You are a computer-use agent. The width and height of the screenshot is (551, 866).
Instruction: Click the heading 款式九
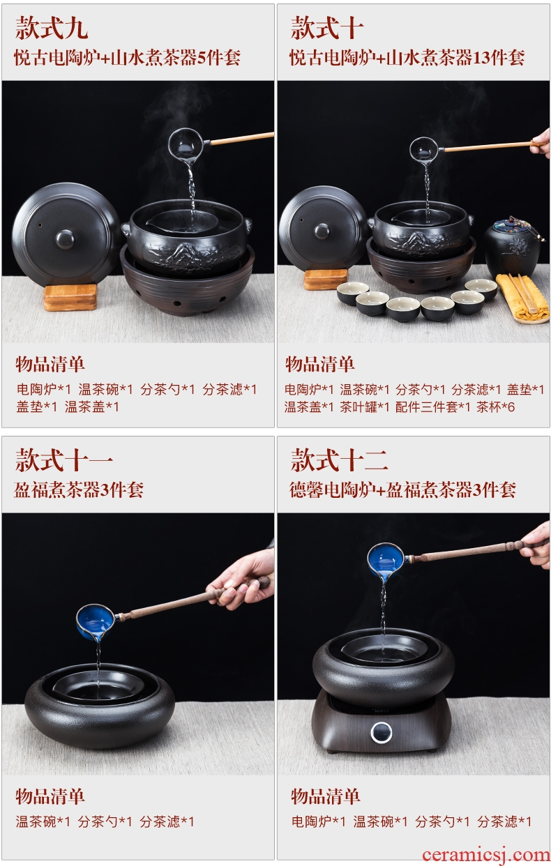tap(52, 28)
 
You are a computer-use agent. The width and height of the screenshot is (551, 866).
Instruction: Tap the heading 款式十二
tap(339, 460)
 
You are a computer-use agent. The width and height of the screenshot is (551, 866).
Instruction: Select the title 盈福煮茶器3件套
tap(79, 490)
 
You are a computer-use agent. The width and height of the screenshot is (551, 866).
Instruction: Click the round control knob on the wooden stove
tap(382, 732)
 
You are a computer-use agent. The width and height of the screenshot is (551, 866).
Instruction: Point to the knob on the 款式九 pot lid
tap(65, 238)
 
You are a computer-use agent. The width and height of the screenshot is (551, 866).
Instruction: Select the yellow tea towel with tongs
tap(524, 297)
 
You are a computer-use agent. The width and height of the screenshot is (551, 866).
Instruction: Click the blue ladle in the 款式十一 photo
tap(95, 622)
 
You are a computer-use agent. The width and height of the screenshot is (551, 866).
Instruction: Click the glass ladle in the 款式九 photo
tap(187, 145)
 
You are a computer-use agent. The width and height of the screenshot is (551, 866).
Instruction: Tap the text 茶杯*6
tap(495, 407)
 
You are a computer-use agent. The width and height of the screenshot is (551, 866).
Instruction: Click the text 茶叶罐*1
tap(364, 407)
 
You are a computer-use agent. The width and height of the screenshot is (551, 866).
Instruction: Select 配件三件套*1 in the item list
tap(432, 407)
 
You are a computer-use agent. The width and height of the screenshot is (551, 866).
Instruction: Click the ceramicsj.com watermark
tap(486, 854)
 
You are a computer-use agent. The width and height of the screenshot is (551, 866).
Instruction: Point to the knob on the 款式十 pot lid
tap(322, 231)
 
